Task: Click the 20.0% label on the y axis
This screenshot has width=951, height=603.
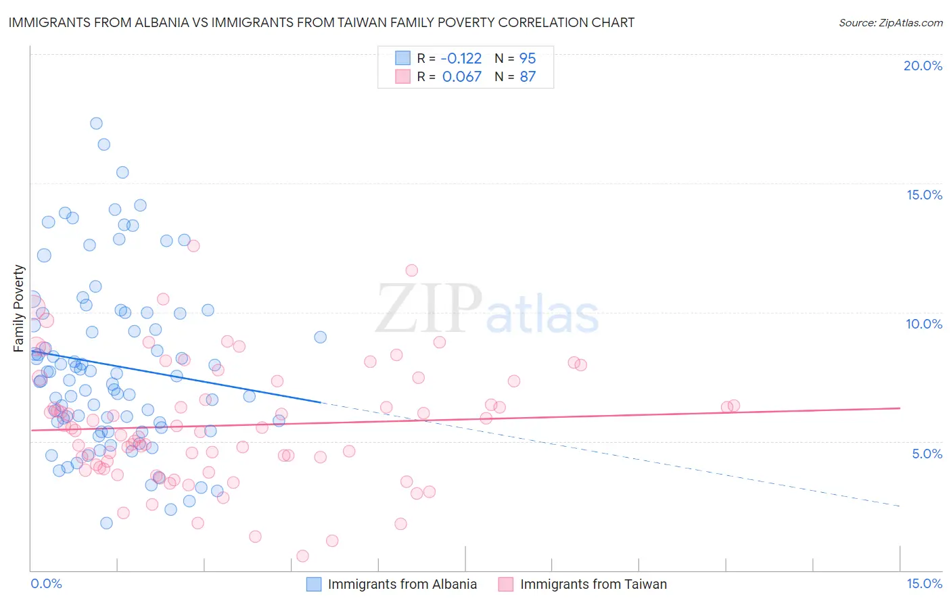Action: tap(923, 66)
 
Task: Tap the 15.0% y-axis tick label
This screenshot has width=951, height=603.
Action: tap(924, 195)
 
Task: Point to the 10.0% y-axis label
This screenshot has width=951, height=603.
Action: tap(924, 324)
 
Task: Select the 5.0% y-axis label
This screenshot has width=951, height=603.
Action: tap(927, 454)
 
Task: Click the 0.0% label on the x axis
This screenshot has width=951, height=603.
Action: tap(46, 583)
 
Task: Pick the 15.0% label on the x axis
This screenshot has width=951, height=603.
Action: tap(924, 583)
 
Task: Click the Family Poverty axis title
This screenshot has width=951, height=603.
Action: tap(19, 308)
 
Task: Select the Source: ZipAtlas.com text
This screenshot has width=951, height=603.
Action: tap(890, 22)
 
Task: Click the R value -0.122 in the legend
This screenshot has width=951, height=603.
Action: tap(461, 59)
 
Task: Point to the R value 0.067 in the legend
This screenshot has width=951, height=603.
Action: tap(462, 77)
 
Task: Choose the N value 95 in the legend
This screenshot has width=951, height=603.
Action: tap(528, 59)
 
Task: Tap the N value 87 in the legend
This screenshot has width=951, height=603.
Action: tap(528, 77)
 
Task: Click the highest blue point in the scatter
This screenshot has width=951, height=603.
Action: tap(96, 123)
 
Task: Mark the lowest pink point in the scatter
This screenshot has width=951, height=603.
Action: tap(302, 556)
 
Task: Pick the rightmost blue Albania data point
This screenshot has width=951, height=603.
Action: tap(321, 337)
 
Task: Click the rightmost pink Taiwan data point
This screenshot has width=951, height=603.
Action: tap(734, 406)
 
